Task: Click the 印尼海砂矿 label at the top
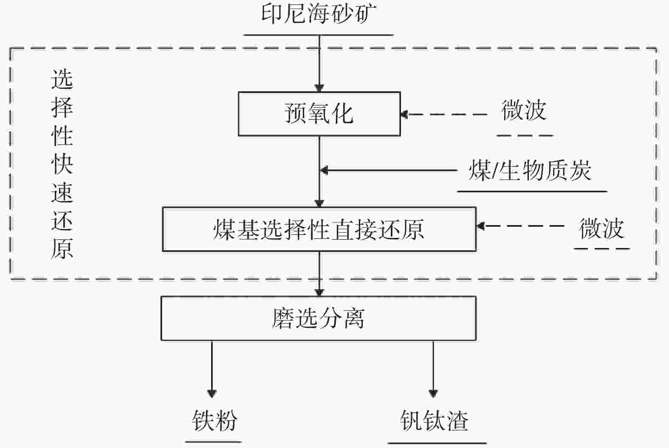318,14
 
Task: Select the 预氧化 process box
319,114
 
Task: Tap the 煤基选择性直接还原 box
319,229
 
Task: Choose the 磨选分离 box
318,318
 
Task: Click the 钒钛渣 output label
434,420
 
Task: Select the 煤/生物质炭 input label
530,171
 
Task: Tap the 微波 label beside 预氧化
524,110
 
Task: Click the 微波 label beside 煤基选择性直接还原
601,228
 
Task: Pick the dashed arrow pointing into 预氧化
444,114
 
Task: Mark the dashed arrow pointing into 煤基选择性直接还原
520,226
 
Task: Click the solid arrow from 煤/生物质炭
389,170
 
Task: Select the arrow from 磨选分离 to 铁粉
212,367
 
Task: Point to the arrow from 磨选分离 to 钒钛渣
433,367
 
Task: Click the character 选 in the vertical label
62,79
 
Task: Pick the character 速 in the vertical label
62,193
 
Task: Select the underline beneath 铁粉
213,442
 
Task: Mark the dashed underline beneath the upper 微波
525,136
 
